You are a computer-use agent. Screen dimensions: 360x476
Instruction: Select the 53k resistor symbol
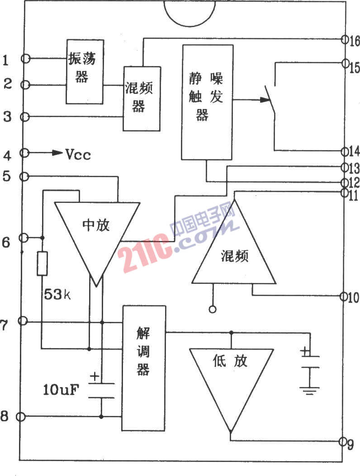[42, 264]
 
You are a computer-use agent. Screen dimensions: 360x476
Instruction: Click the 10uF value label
[61, 390]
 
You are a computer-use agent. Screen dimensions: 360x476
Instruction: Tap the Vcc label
[78, 155]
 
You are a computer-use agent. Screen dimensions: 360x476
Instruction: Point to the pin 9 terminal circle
[343, 441]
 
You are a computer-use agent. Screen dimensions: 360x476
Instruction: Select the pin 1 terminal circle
[26, 58]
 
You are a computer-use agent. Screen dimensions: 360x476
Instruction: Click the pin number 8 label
[4, 416]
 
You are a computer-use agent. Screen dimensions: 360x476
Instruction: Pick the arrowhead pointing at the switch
[265, 99]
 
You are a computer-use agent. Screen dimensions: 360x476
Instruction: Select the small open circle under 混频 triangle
[213, 309]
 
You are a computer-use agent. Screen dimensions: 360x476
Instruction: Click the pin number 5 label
[6, 176]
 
